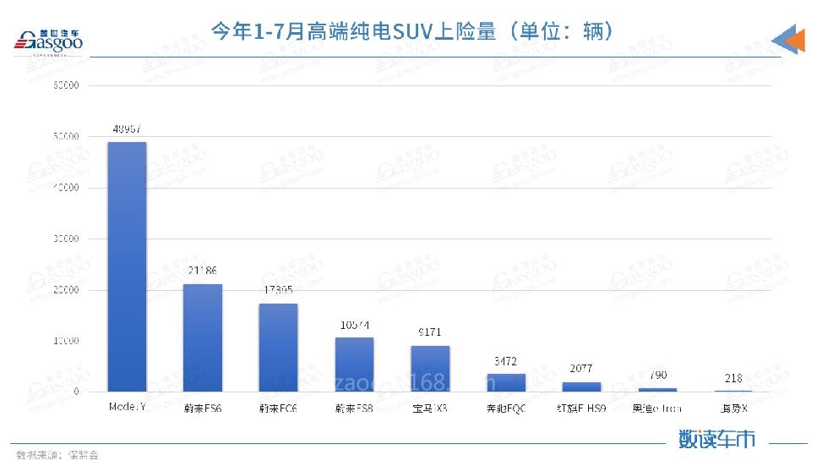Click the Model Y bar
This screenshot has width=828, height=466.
click(x=127, y=266)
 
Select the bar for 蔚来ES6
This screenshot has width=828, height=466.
click(x=203, y=337)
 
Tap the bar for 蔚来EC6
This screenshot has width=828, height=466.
click(x=278, y=347)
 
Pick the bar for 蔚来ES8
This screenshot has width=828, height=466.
click(x=354, y=365)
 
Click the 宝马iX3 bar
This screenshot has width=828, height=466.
click(x=430, y=368)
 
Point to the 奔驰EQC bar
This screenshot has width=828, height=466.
click(x=506, y=382)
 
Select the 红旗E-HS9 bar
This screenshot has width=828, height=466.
click(x=581, y=387)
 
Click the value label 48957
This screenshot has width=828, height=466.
click(x=127, y=129)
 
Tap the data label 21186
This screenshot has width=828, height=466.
click(x=203, y=271)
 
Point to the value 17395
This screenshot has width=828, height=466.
click(x=278, y=291)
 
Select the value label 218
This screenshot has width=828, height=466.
click(x=733, y=378)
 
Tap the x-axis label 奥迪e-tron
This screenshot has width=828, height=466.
click(x=657, y=408)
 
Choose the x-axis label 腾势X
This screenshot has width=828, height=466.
click(x=733, y=408)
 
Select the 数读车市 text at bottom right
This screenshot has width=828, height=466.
click(x=716, y=439)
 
